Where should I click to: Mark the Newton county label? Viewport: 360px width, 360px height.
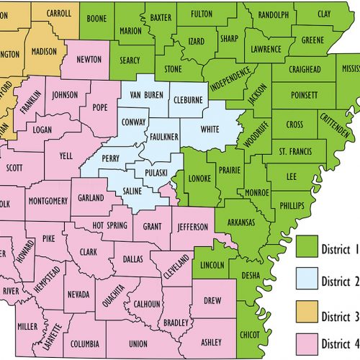(88, 60)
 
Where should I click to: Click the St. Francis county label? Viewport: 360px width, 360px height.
(294, 151)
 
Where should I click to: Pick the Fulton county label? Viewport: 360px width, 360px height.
(208, 13)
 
